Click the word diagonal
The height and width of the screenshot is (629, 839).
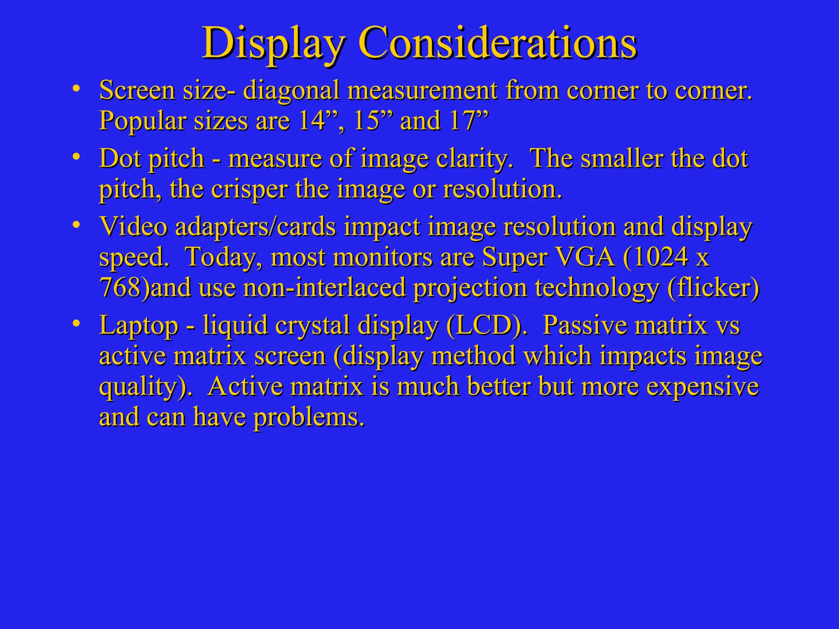tap(291, 91)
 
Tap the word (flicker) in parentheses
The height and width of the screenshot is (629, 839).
tap(713, 288)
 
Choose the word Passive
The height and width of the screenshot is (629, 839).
tap(588, 326)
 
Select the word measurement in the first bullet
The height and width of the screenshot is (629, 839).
tap(422, 91)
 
